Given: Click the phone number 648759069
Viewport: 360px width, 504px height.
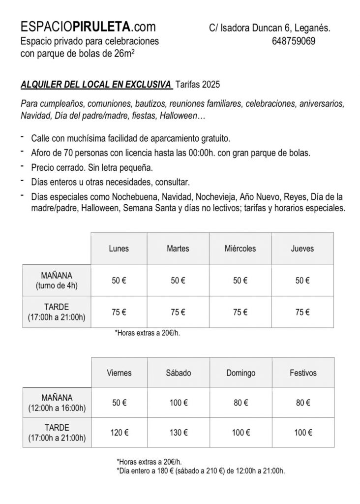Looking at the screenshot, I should tap(293, 41).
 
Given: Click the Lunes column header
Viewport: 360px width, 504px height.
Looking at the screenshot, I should tap(119, 249).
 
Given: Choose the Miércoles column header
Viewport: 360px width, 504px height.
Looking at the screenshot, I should tap(240, 249).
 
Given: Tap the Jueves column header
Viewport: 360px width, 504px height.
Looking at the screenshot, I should tap(302, 249).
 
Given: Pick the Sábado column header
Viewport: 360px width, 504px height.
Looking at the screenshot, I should tap(179, 373).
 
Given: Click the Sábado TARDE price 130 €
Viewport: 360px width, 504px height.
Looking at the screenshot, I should tap(178, 433).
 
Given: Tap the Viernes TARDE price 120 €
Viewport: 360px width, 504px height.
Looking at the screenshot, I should tap(119, 433).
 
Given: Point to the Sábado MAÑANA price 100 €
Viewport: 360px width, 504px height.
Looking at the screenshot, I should tap(178, 403).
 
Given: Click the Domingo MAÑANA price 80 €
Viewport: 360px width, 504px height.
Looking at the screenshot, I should tap(240, 403).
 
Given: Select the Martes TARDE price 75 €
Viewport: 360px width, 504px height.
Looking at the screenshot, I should tap(178, 312).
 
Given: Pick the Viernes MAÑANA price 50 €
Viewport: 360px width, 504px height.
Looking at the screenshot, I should tap(119, 403).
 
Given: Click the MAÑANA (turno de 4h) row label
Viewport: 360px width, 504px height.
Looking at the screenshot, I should tap(57, 280).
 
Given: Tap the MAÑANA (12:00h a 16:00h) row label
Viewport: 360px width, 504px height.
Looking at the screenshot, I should tap(57, 403).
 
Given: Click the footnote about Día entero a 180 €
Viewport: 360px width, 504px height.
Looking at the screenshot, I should tap(201, 471).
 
